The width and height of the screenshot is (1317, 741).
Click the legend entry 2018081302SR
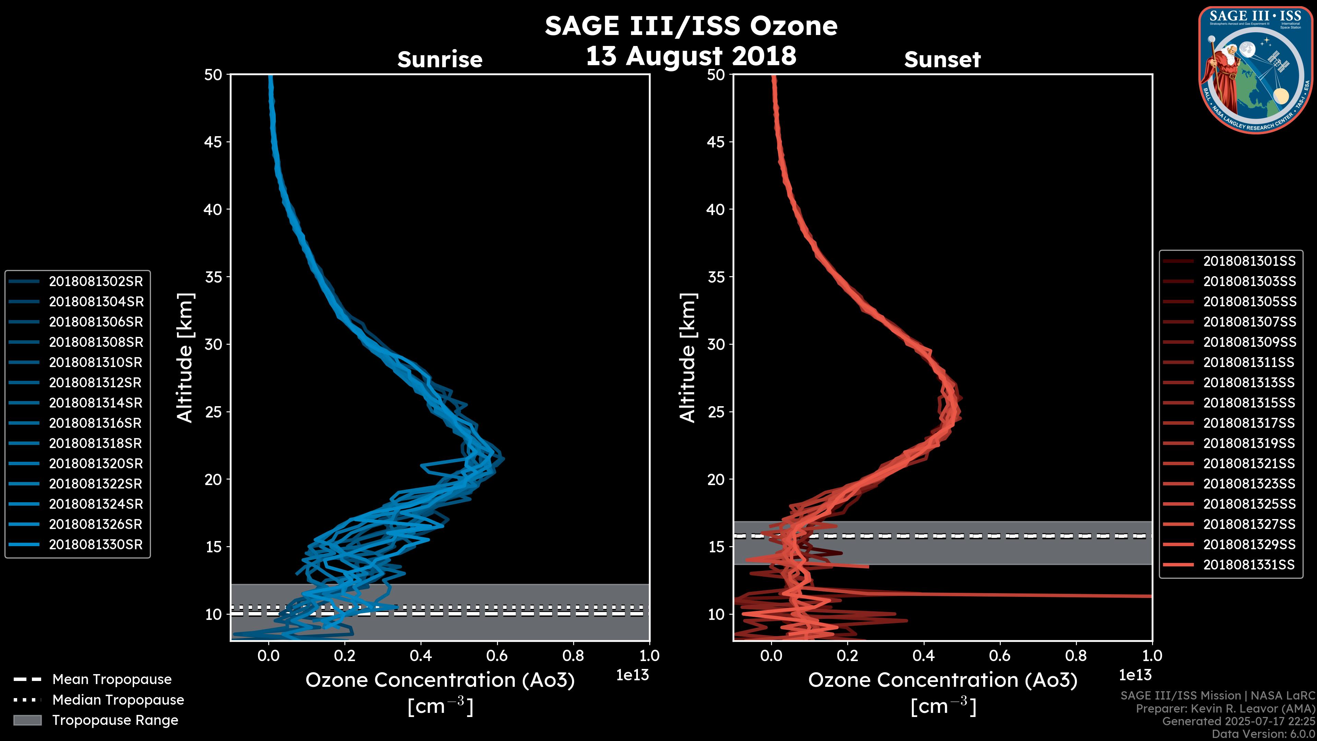pyautogui.click(x=96, y=281)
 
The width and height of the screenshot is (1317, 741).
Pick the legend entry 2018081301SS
pyautogui.click(x=1249, y=261)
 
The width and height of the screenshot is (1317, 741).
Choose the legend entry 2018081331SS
pyautogui.click(x=1249, y=565)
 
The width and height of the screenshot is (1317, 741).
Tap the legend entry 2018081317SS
pyautogui.click(x=1249, y=423)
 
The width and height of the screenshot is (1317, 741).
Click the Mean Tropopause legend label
pyautogui.click(x=112, y=679)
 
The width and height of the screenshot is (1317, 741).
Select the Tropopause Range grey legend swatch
pyautogui.click(x=27, y=720)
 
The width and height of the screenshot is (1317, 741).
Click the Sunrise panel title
pyautogui.click(x=440, y=60)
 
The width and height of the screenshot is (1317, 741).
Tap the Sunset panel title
pyautogui.click(x=942, y=60)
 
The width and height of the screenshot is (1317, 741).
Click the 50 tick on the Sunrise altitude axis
pyautogui.click(x=214, y=75)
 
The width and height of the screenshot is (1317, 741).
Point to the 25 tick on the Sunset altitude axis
pyautogui.click(x=716, y=412)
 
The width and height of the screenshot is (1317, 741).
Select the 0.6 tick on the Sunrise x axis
pyautogui.click(x=497, y=655)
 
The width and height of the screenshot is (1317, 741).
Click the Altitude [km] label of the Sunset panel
pyautogui.click(x=688, y=358)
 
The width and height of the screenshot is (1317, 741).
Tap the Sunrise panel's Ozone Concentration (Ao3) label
pyautogui.click(x=440, y=680)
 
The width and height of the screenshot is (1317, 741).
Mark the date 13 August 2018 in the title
pyautogui.click(x=691, y=56)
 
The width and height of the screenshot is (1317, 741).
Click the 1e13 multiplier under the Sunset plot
pyautogui.click(x=1135, y=675)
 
